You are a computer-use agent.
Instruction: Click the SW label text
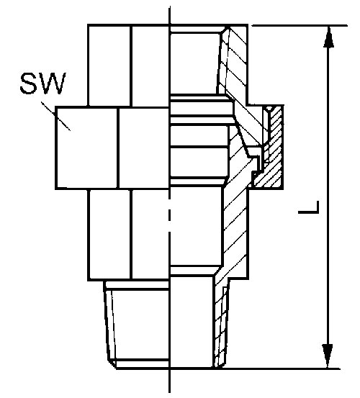(43, 83)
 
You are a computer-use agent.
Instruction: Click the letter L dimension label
(308, 207)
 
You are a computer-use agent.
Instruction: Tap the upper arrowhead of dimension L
(328, 37)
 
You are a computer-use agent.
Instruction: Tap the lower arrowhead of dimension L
(328, 356)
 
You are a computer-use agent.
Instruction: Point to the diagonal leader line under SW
(56, 117)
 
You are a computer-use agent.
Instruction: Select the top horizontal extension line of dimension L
(300, 25)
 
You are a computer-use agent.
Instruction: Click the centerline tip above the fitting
(169, 6)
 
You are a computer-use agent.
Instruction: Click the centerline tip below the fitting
(169, 392)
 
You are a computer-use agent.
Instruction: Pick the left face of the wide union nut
(86, 148)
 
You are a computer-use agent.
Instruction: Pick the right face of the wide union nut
(144, 148)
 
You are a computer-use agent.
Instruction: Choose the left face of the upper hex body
(109, 65)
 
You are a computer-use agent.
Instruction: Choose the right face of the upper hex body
(150, 65)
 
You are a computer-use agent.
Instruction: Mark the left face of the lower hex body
(109, 235)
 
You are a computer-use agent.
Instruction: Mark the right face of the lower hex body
(150, 234)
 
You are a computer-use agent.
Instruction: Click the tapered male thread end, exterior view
(138, 325)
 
